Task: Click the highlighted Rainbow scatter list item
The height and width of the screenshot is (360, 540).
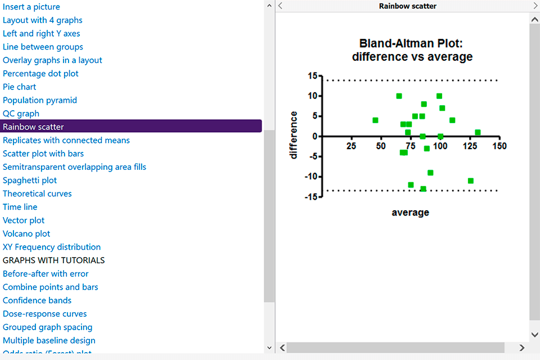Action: click(34, 127)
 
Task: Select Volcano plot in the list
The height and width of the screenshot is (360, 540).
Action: click(26, 233)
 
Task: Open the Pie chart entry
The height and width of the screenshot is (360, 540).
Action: click(20, 87)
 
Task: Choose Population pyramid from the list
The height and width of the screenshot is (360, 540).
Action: click(40, 100)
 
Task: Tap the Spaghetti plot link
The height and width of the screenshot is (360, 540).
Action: click(30, 180)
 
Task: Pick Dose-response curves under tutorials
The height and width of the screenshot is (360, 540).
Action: click(45, 314)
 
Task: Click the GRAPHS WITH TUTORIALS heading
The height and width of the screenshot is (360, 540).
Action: click(54, 260)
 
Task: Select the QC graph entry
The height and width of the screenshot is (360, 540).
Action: click(21, 114)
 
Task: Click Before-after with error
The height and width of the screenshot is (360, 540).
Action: click(46, 274)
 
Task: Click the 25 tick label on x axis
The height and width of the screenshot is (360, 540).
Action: click(352, 146)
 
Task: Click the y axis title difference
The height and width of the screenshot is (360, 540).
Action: click(294, 135)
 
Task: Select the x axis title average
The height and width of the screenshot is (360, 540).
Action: click(411, 213)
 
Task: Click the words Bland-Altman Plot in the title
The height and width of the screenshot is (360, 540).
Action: click(412, 44)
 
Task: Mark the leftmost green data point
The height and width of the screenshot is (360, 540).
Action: click(375, 120)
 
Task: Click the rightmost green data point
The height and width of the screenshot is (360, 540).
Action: click(478, 133)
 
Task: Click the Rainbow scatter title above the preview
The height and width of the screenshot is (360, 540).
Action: click(407, 6)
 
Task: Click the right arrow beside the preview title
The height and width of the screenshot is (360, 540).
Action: click(535, 6)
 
